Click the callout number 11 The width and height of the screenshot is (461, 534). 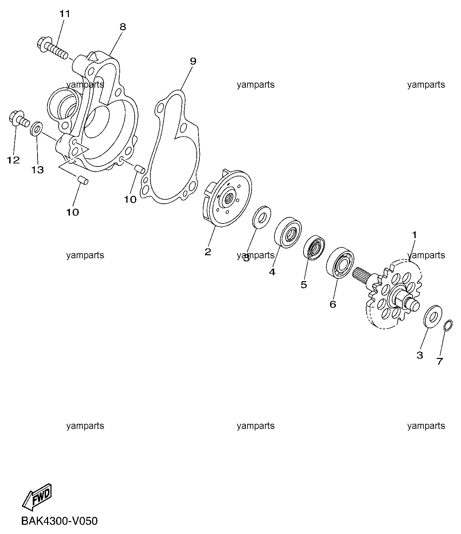coord(65,14)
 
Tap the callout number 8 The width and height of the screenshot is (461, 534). coord(123,27)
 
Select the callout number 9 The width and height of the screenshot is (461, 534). coord(193,61)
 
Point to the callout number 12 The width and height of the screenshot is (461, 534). coord(13,160)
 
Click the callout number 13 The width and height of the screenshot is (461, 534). coord(38,170)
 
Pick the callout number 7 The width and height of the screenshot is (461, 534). coord(440,361)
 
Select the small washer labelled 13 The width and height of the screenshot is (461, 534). coord(36,128)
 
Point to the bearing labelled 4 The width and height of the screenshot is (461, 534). coord(287,232)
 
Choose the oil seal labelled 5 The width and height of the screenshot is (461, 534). coord(314,247)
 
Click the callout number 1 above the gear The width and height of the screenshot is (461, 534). coord(414,235)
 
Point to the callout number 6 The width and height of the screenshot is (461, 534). coord(333,304)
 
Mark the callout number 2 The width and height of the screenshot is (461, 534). coord(208,251)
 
